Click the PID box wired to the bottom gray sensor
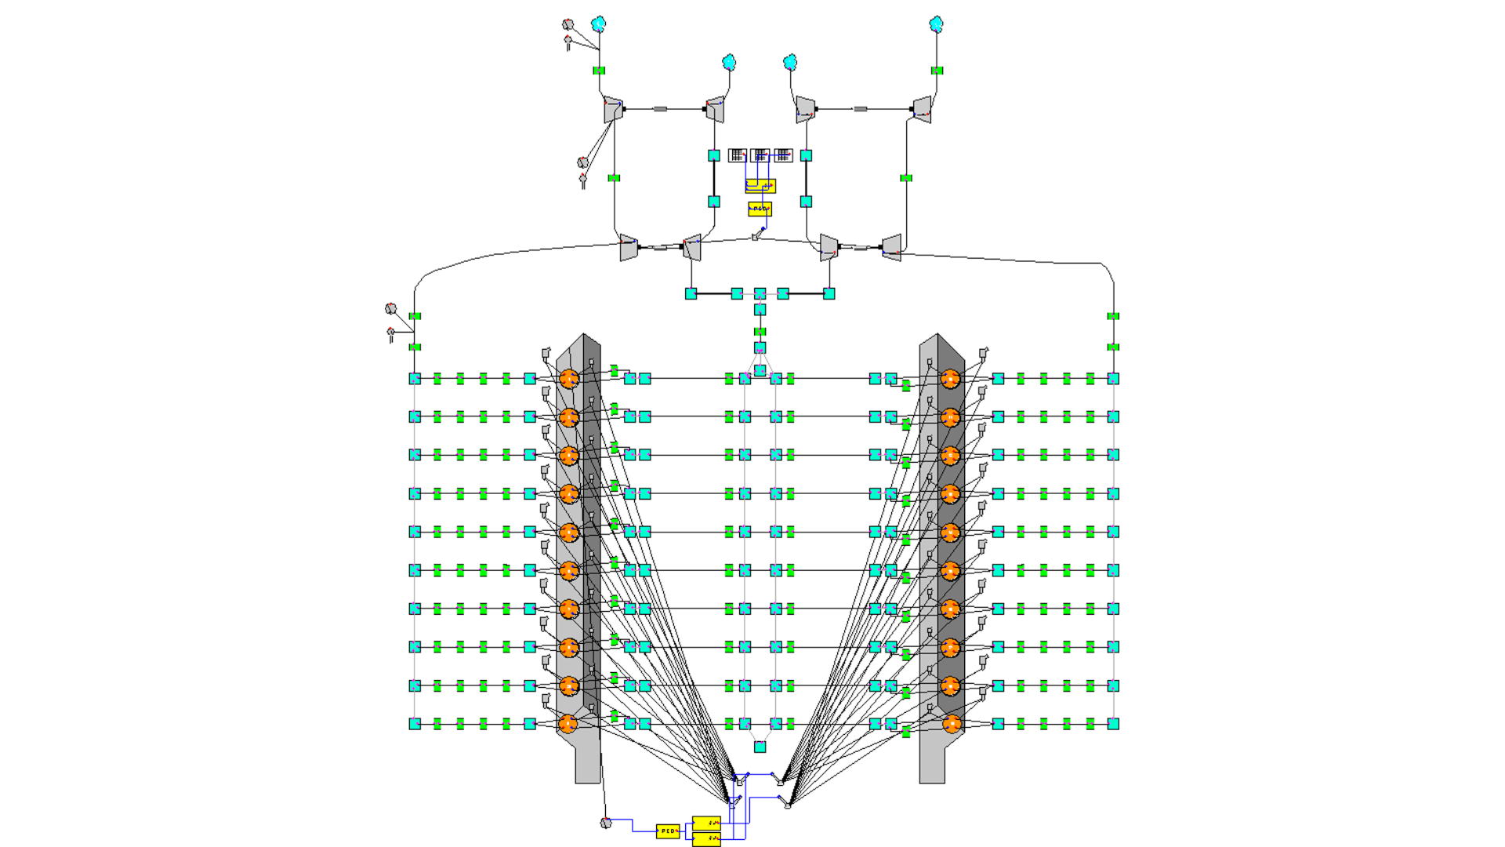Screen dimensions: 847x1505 (667, 831)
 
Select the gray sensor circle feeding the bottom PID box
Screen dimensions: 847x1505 (605, 823)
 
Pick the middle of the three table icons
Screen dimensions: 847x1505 (760, 155)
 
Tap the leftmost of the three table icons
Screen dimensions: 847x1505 (737, 155)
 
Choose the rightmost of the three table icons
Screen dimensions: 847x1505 (783, 155)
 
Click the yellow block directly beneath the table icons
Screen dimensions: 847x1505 (760, 186)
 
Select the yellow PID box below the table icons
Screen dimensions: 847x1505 (760, 209)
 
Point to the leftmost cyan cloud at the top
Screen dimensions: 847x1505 (599, 24)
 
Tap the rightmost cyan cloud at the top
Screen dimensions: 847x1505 (936, 24)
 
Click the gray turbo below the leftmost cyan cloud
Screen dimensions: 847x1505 (613, 109)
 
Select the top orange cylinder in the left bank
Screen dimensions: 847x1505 (569, 379)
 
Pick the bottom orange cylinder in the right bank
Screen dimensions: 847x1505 (951, 724)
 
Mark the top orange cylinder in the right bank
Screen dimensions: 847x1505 (951, 379)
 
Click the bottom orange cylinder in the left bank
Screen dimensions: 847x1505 (569, 724)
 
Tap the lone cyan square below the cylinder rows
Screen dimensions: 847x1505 (760, 747)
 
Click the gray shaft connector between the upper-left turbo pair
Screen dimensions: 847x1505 (661, 109)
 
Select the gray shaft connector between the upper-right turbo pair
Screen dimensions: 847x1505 (861, 109)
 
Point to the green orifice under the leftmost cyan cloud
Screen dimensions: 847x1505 (599, 71)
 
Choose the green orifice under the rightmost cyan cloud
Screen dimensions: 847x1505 (937, 71)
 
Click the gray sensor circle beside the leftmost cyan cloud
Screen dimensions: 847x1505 (568, 25)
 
